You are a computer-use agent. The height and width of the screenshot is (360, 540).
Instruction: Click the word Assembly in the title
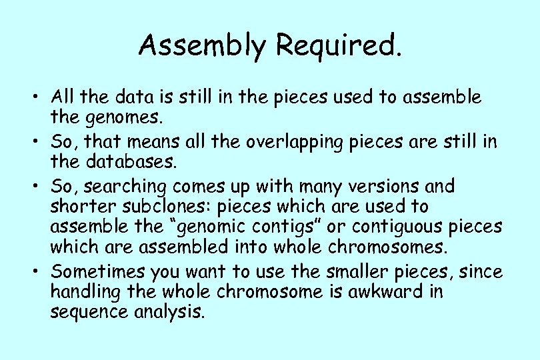click(x=203, y=45)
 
